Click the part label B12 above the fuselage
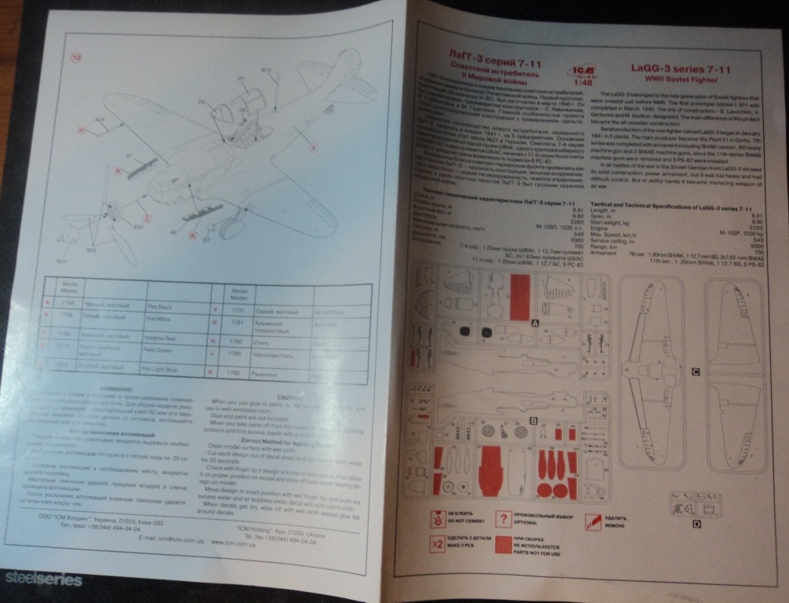[266, 71]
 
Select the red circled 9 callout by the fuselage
[312, 146]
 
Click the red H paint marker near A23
[82, 130]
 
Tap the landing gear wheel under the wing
[227, 228]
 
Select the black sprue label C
[695, 372]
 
